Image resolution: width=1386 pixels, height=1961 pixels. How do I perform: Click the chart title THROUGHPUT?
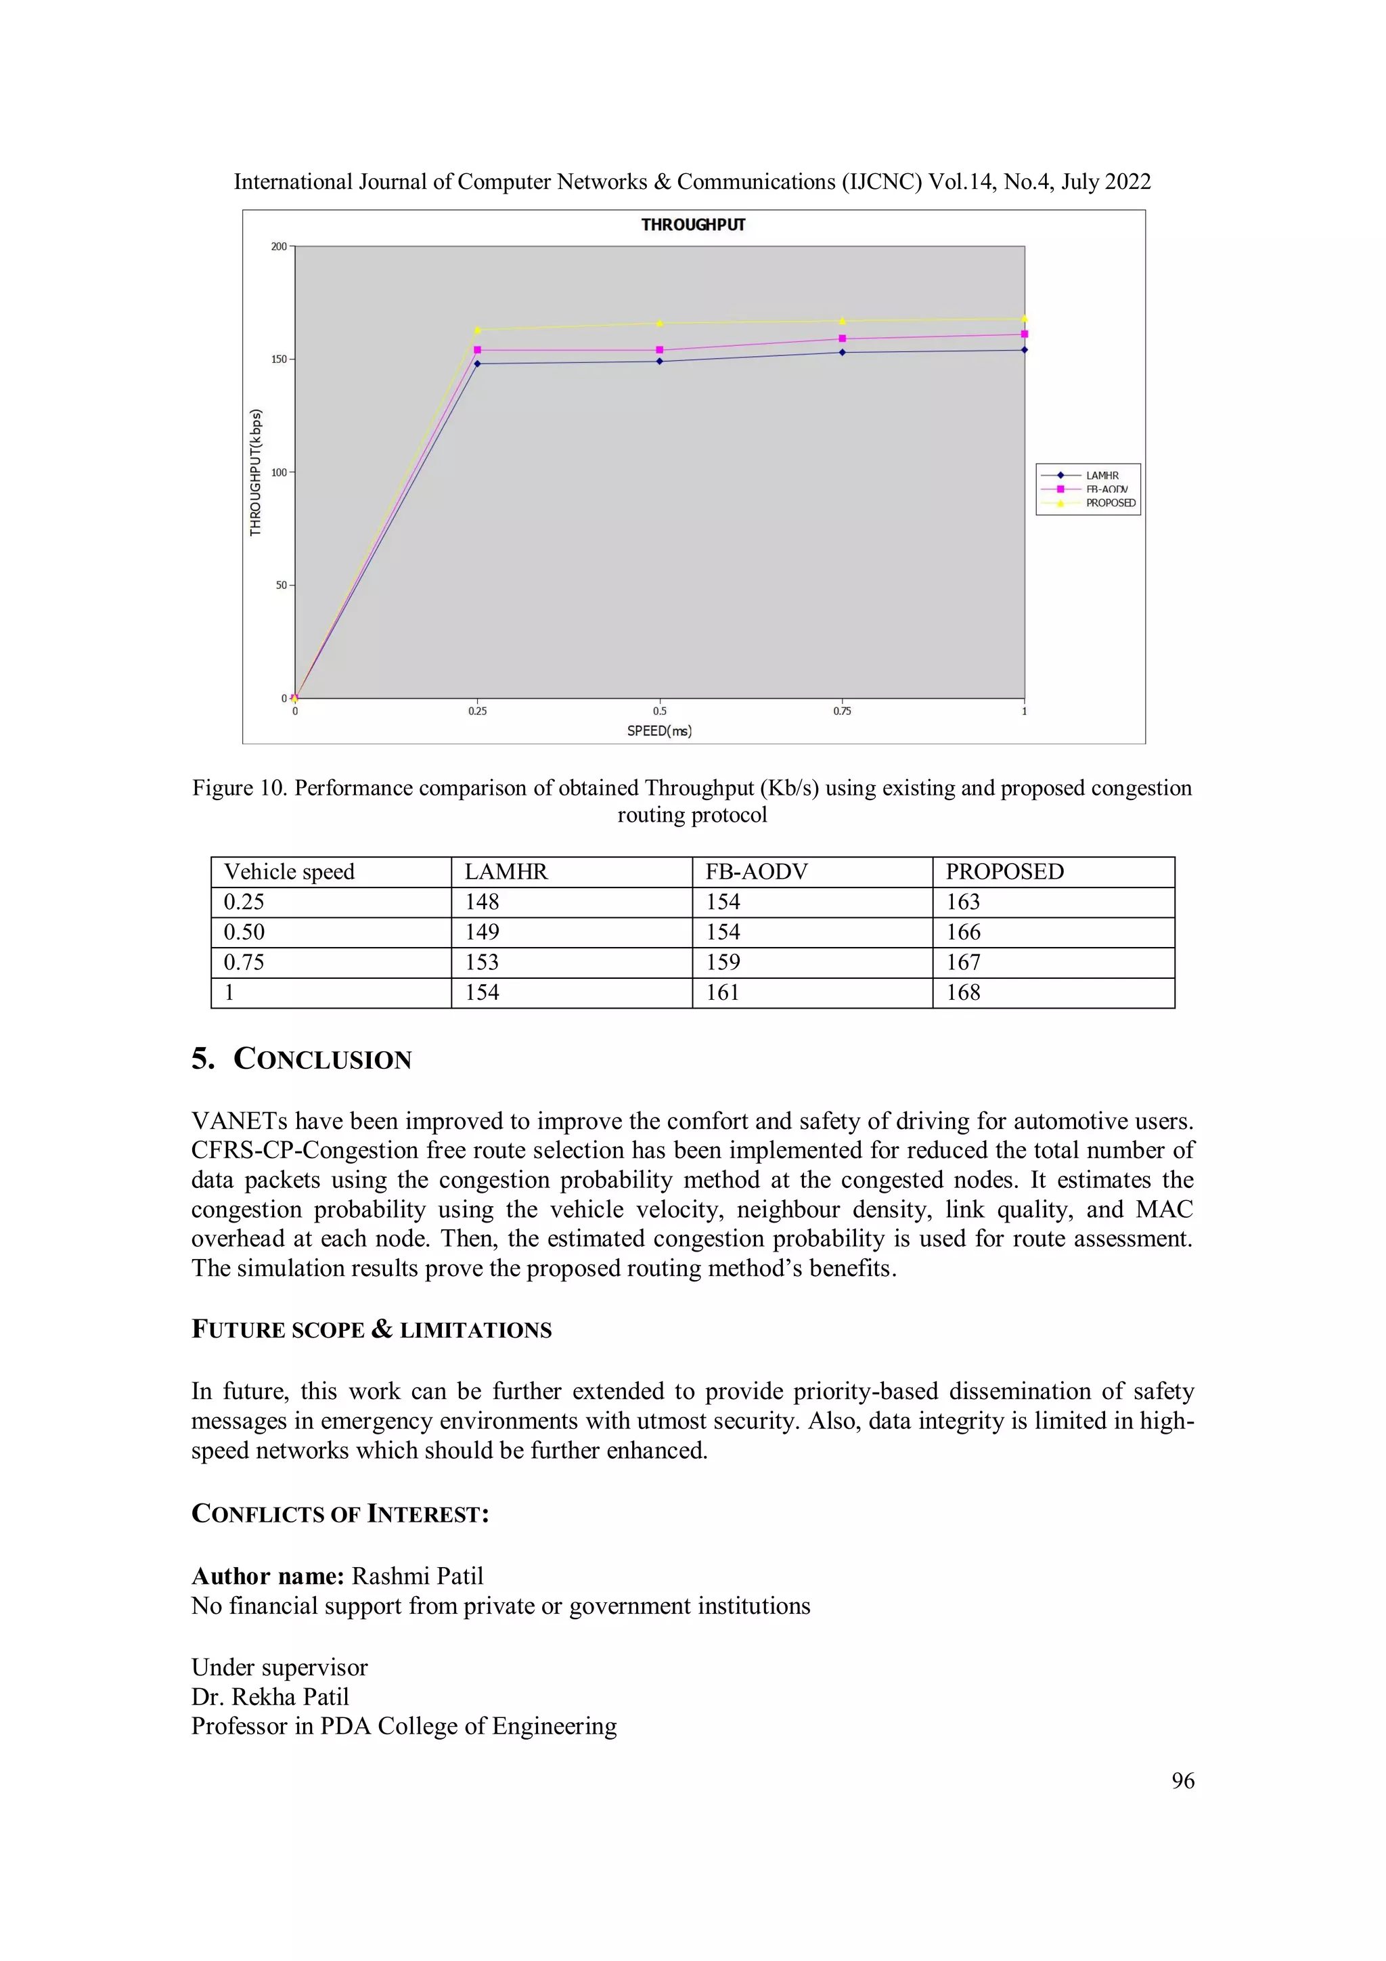pos(692,225)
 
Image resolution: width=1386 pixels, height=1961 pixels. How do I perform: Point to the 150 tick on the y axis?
pos(280,359)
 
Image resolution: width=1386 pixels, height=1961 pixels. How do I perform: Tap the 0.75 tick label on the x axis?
pos(842,711)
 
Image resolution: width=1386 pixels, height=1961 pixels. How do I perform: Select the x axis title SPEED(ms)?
pos(659,731)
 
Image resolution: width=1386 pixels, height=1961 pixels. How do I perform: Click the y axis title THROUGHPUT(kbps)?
pos(255,472)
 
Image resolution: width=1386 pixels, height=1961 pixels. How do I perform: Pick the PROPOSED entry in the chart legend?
pos(1110,503)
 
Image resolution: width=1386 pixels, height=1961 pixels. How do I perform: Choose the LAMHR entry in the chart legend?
pos(1102,476)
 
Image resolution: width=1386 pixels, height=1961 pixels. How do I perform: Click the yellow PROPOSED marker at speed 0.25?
pos(477,330)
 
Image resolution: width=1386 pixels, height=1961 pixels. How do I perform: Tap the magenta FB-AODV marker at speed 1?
pos(1024,334)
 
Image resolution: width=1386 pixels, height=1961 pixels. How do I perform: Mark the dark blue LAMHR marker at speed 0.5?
pos(659,361)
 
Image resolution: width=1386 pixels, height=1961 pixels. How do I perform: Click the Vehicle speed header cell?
pos(289,871)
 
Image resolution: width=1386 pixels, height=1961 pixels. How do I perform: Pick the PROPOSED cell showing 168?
pos(962,992)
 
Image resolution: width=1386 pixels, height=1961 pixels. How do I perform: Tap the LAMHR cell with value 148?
pos(482,902)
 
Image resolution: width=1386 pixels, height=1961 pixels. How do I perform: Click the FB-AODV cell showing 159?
pos(723,963)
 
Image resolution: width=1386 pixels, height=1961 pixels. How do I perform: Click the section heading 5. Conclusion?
pos(301,1059)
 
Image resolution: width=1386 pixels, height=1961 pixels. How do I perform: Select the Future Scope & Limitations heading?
pos(372,1330)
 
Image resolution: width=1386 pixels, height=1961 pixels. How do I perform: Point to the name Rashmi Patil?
pos(418,1576)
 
